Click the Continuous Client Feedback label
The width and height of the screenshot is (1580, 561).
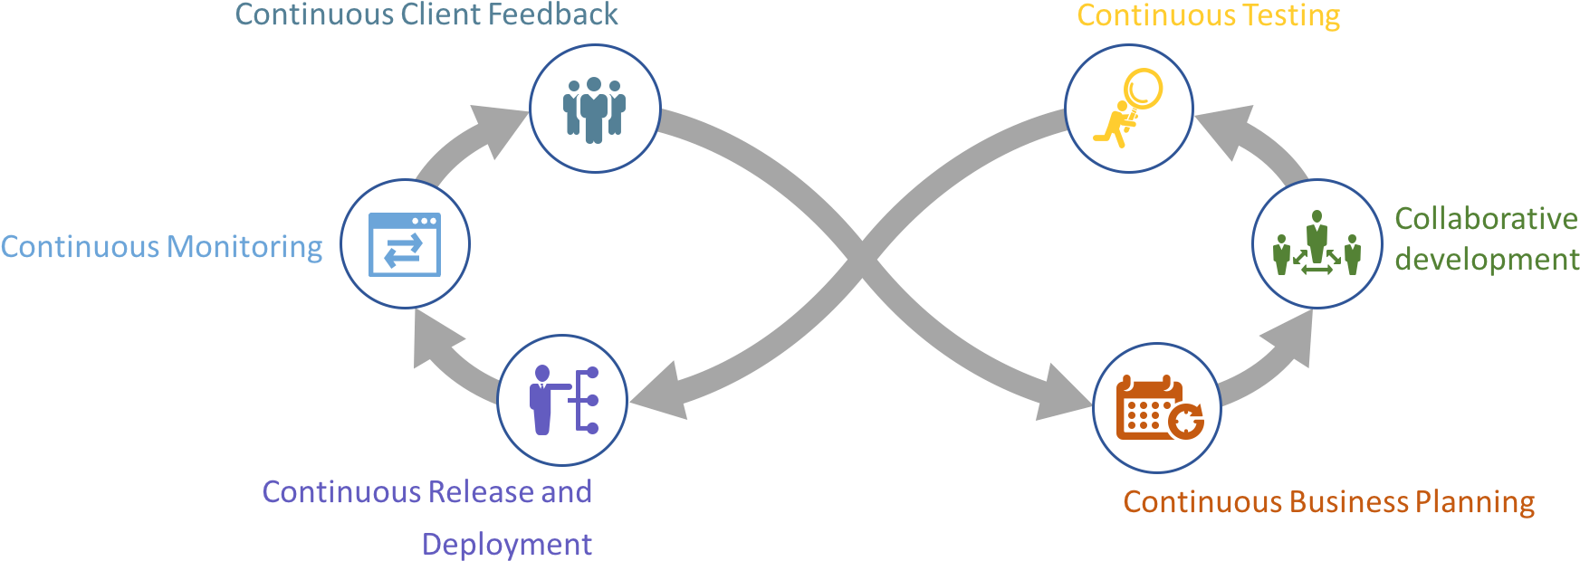pos(426,14)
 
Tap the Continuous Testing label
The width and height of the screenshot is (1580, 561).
pos(1209,16)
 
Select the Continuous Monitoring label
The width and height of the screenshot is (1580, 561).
pos(161,247)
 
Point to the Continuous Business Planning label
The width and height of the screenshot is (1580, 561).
pos(1329,502)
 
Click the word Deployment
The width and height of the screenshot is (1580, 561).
pos(507,545)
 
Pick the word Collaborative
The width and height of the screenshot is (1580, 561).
pos(1486,219)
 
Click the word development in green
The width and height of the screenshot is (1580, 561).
pos(1487,260)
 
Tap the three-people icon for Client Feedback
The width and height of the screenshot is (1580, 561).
pos(594,110)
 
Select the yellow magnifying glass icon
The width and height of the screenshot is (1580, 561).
pos(1128,108)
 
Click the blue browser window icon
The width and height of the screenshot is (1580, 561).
pos(405,244)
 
